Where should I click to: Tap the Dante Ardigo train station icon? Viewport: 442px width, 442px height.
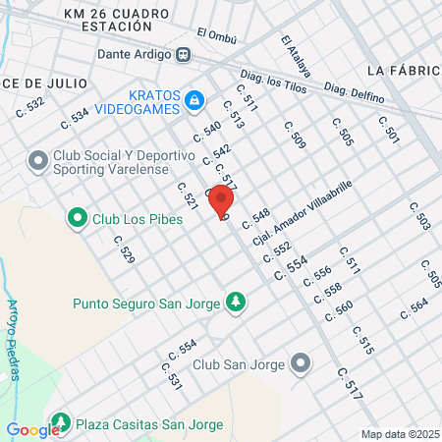click(x=184, y=55)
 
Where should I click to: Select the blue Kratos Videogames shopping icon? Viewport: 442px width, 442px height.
click(x=194, y=99)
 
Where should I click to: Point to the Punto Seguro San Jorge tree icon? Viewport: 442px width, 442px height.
click(x=235, y=302)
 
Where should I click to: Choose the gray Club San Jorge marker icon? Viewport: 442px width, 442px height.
click(x=301, y=364)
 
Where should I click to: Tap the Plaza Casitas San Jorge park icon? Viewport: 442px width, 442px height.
click(x=61, y=422)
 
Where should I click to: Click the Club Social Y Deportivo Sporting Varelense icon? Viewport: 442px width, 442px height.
click(x=38, y=159)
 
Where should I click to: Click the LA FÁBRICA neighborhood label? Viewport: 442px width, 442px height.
click(x=402, y=72)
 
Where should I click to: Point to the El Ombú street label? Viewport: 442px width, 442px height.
click(x=215, y=32)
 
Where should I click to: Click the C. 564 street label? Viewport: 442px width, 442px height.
click(x=415, y=307)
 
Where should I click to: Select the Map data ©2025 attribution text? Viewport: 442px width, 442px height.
click(x=400, y=434)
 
